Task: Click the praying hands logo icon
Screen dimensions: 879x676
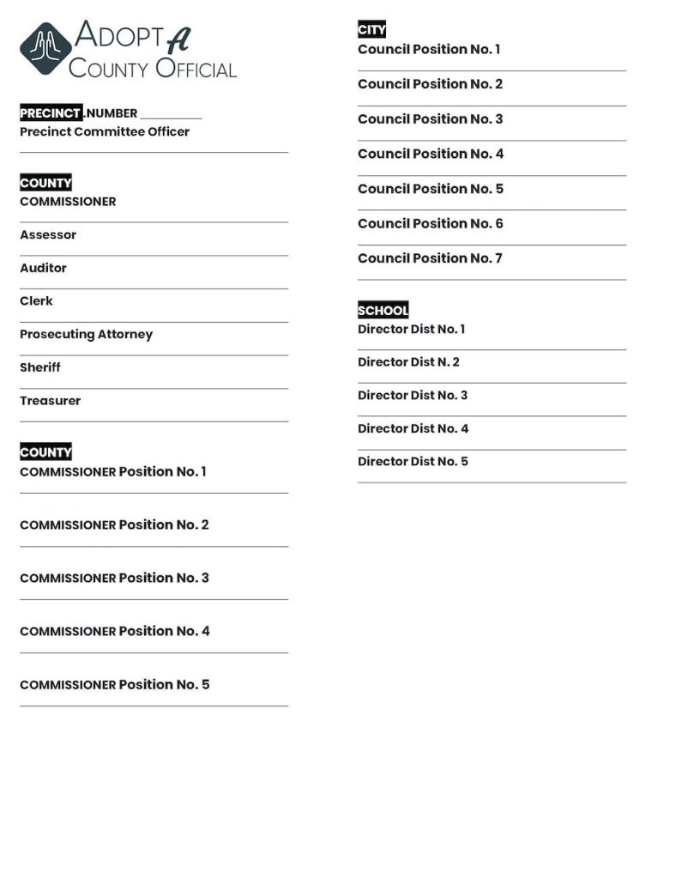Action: [x=46, y=50]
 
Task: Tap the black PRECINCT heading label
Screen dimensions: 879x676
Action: [x=51, y=113]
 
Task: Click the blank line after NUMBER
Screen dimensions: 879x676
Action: [x=171, y=115]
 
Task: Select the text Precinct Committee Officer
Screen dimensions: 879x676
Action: [x=105, y=132]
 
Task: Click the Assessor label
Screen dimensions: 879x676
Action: [x=48, y=235]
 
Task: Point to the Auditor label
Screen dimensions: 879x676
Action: [x=43, y=269]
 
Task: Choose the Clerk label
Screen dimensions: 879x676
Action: [x=36, y=301]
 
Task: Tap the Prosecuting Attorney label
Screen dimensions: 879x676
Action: [x=86, y=335]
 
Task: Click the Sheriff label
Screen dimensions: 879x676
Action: [x=40, y=367]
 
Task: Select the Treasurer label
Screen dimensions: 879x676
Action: [x=50, y=401]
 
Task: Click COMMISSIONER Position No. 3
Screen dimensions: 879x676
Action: [x=114, y=579]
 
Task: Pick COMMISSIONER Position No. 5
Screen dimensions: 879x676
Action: [x=114, y=685]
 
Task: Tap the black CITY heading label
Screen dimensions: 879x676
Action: [x=371, y=31]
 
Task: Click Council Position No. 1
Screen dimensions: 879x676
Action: [x=429, y=50]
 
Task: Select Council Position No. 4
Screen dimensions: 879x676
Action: [x=431, y=155]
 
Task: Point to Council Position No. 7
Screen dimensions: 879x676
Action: [x=430, y=258]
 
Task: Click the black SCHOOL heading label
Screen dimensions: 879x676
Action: [x=383, y=311]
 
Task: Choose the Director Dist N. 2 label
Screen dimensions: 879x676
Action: [x=408, y=362]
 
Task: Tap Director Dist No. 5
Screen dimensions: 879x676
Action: [x=413, y=462]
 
